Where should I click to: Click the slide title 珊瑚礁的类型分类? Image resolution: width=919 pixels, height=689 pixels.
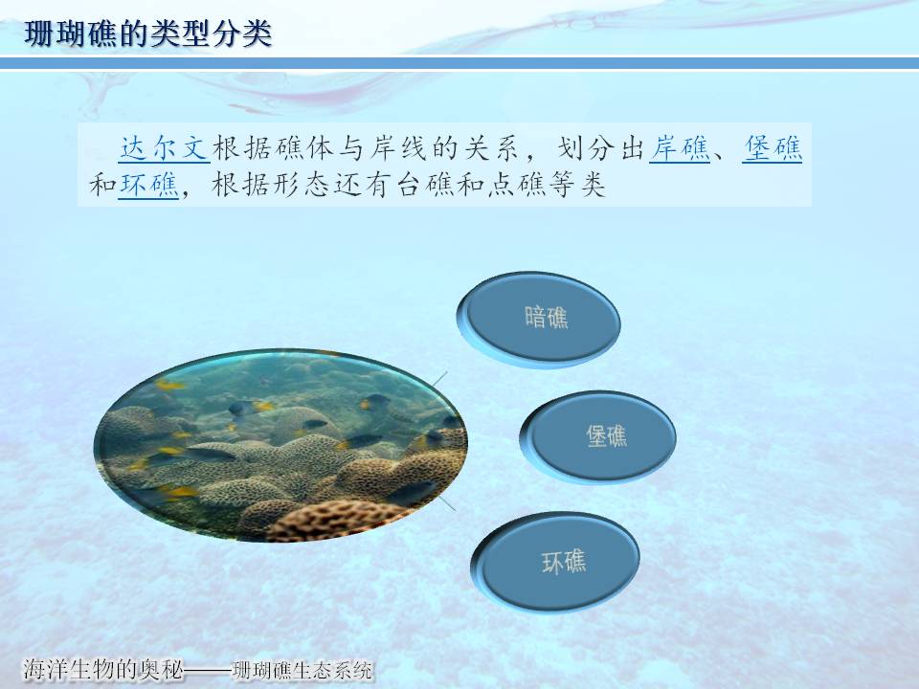point(147,33)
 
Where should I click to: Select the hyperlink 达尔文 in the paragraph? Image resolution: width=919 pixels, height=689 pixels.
point(164,147)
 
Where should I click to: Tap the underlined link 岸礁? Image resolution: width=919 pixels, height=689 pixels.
point(680,147)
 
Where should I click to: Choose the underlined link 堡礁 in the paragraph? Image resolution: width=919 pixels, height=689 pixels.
point(772,147)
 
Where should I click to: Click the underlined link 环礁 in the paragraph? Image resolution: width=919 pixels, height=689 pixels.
point(148,185)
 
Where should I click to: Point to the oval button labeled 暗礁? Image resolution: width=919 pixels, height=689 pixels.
point(539,320)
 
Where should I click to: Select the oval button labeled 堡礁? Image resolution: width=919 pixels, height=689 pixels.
point(598,437)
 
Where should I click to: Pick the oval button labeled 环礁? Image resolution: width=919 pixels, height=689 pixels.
point(555,562)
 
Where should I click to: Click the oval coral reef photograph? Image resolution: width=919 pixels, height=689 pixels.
point(280,445)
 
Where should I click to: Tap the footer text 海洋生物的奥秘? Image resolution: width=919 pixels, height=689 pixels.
point(103,669)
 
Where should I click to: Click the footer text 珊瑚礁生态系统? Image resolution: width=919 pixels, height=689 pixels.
point(303,670)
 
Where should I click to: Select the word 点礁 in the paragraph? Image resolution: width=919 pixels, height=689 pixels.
point(517,185)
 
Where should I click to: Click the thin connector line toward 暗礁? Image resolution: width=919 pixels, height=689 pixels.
point(439,379)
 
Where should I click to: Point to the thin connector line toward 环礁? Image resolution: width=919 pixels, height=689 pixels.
point(447,503)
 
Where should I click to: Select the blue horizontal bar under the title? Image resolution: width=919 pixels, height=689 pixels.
point(459,63)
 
